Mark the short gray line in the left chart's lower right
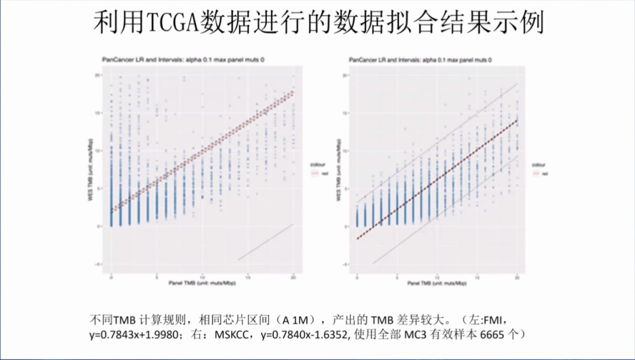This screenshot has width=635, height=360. pos(265,242)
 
